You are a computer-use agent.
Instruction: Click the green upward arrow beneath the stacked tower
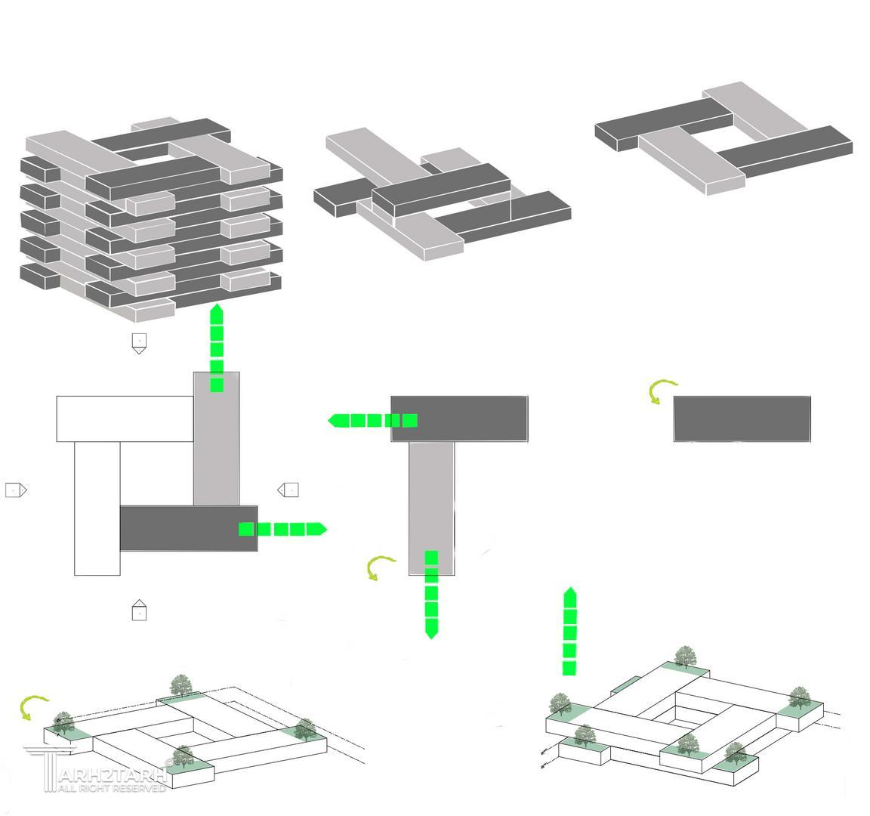[x=217, y=348]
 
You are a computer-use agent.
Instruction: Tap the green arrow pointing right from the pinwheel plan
[x=282, y=529]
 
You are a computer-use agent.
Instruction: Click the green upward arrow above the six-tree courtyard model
[x=570, y=632]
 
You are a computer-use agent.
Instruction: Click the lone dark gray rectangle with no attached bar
[x=742, y=418]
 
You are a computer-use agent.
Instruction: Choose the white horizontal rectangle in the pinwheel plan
[x=125, y=419]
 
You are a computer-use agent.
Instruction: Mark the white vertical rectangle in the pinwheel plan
[x=97, y=508]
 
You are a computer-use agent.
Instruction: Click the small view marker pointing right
[x=16, y=490]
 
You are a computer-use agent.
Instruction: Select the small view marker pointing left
[x=288, y=490]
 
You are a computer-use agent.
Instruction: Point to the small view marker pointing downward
[x=139, y=343]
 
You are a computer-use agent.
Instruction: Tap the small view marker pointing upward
[x=139, y=610]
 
